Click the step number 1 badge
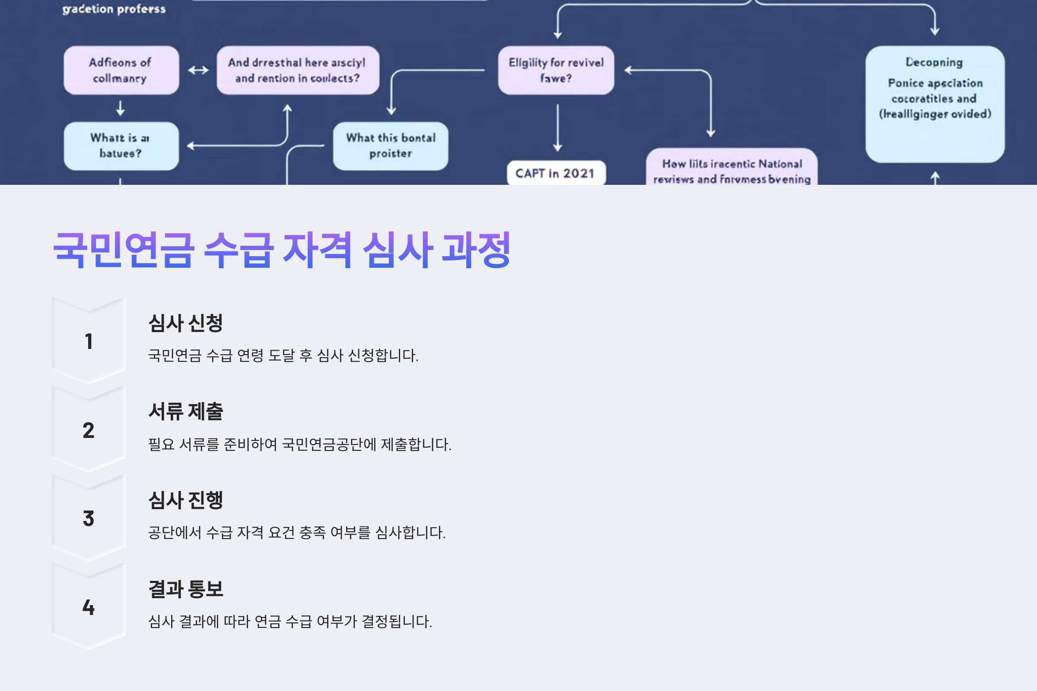(x=89, y=341)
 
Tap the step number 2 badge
(x=89, y=430)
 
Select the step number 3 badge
(x=89, y=518)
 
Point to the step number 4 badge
(x=89, y=607)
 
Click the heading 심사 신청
(x=186, y=323)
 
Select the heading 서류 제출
(x=186, y=412)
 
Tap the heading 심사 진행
(x=186, y=500)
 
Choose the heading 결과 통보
(x=186, y=589)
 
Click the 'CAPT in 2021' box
(x=556, y=173)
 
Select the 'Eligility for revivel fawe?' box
(x=556, y=70)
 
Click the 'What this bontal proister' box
(x=391, y=146)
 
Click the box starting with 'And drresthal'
(x=298, y=70)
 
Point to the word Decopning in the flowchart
(x=934, y=62)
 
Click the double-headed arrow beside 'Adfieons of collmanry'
(x=198, y=70)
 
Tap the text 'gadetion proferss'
(x=114, y=9)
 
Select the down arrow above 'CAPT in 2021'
(x=558, y=128)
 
